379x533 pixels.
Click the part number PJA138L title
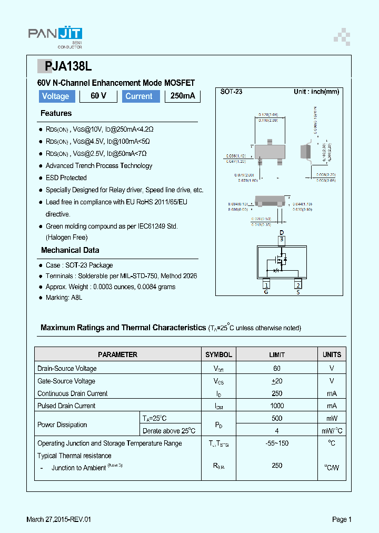pos(65,66)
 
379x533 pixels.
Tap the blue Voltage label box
pos(56,96)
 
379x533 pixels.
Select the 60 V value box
pos(98,96)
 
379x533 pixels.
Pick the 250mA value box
pos(183,96)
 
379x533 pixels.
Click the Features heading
pos(56,113)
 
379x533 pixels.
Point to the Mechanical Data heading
pos(70,250)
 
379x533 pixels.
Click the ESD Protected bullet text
pos(66,178)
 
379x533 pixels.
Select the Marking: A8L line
pos(64,298)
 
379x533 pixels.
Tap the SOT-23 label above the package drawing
pos(231,92)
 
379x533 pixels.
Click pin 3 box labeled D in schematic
pos(282,240)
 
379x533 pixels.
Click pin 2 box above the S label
pos(297,284)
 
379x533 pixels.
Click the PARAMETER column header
pos(117,355)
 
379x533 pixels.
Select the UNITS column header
pos(332,355)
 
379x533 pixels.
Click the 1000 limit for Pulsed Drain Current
pos(277,406)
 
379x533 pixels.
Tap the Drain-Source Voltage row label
pos(67,369)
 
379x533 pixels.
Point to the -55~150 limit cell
pos(277,443)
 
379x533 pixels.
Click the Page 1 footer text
pos(342,520)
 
